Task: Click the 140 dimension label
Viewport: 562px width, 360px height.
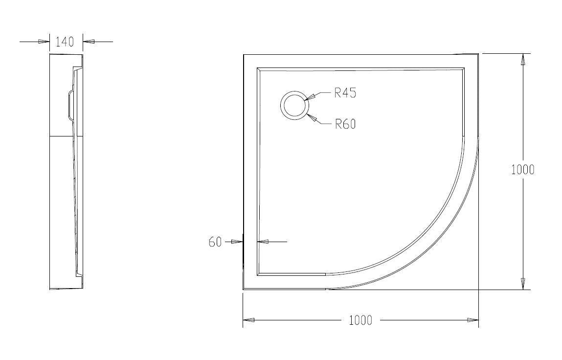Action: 65,42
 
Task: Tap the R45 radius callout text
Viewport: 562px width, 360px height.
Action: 345,93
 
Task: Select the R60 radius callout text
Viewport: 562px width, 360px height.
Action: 345,124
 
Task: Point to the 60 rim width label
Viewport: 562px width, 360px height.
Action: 215,242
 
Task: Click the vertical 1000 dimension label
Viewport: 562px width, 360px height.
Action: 522,169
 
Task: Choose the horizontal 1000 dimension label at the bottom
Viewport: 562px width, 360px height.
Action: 360,320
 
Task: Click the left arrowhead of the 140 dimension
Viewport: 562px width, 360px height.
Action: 44,42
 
